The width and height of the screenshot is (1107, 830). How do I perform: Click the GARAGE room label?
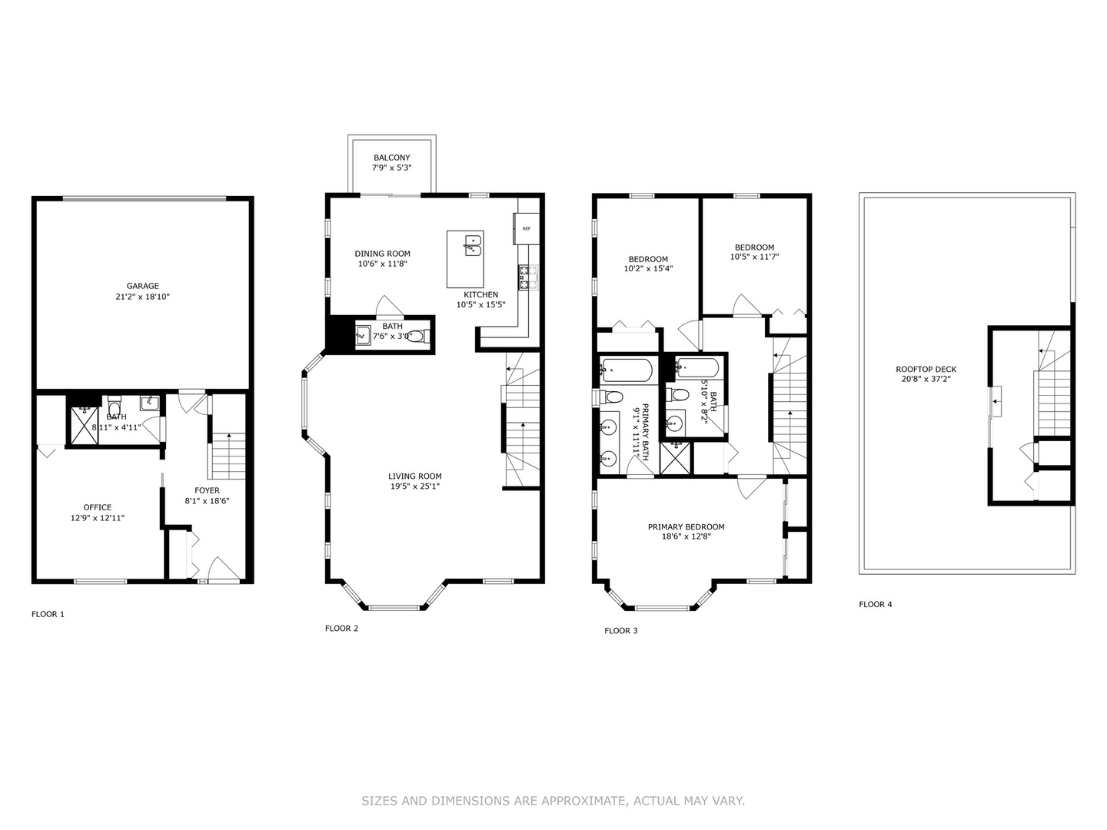(x=143, y=286)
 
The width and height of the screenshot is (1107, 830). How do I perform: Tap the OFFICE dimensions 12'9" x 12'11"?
(x=98, y=518)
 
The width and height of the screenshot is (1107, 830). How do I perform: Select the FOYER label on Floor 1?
(x=207, y=490)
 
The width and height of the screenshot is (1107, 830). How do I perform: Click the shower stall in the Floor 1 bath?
(x=85, y=425)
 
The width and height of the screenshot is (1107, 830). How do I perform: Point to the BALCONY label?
(x=391, y=158)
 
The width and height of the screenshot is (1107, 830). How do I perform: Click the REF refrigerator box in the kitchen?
(x=527, y=228)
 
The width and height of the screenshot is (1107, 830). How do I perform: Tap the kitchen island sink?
(x=472, y=246)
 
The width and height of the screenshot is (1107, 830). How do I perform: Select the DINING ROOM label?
(x=382, y=254)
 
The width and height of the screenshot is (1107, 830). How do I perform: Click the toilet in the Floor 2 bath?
(x=417, y=336)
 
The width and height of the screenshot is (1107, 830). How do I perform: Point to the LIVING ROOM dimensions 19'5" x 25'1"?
(x=414, y=486)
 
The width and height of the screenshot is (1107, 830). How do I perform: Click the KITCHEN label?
(x=480, y=294)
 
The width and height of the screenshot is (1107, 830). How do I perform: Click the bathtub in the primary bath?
(x=627, y=370)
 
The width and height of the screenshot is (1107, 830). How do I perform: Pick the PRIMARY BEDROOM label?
(x=686, y=526)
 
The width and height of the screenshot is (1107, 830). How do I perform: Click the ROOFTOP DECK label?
(x=926, y=369)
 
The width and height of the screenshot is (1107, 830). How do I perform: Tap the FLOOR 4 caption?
(x=876, y=604)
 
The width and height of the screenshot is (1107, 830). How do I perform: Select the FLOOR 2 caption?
(x=341, y=628)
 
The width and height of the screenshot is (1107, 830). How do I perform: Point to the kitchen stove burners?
(x=528, y=277)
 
